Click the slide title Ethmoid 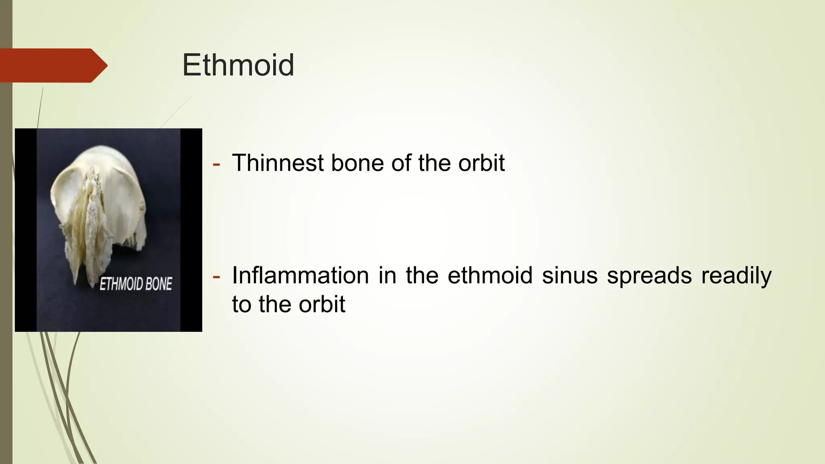[238, 65]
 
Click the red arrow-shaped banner [52, 65]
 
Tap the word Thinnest [278, 163]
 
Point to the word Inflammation [301, 276]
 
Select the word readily [736, 277]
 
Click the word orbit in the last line [322, 304]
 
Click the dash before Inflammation [216, 277]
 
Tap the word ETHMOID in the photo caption [121, 284]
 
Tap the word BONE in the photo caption [158, 284]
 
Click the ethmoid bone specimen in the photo [97, 209]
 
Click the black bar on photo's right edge [191, 230]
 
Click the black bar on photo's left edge [25, 230]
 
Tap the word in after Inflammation [387, 276]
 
